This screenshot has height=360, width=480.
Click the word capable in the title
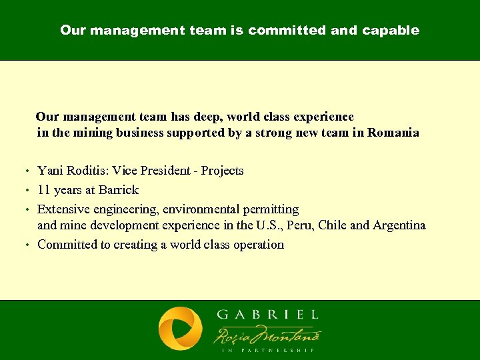[391, 31]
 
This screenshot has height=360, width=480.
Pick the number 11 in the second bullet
[44, 190]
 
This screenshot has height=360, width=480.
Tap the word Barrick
[119, 190]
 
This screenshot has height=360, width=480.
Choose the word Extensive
[63, 209]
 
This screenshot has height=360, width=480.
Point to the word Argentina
[399, 225]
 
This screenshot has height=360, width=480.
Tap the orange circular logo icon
[180, 329]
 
